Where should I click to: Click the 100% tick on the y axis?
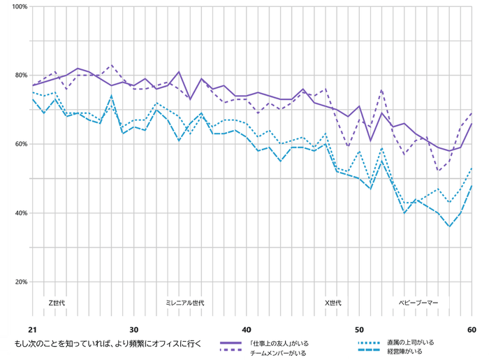19,7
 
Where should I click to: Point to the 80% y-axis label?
20,75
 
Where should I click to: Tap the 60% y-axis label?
20,144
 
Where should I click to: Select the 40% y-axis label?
20,213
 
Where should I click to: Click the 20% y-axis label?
20,282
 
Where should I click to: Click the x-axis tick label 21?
32,329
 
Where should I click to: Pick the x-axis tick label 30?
134,329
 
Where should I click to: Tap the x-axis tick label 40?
247,329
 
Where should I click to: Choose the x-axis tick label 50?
359,329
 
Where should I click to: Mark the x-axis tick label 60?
472,329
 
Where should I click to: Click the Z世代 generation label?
57,303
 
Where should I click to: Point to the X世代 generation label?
333,303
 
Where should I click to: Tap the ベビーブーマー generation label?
419,303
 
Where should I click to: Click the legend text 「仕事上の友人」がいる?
279,343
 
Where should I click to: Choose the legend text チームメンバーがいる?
278,353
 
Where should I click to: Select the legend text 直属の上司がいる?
410,343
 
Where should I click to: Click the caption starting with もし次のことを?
108,343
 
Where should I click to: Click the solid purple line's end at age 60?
472,124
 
